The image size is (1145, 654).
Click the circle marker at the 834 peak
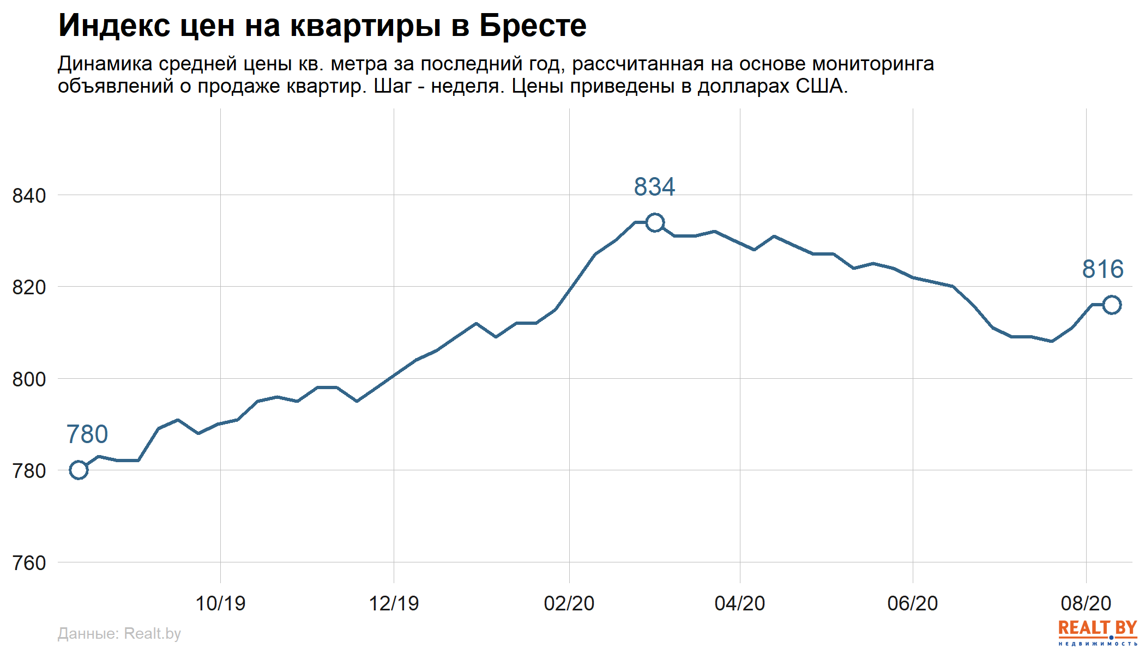(x=655, y=222)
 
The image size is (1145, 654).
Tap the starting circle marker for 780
(x=79, y=470)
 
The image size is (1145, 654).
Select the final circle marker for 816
(x=1112, y=305)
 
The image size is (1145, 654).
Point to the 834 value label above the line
(x=654, y=187)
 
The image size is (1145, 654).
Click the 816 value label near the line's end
(x=1102, y=269)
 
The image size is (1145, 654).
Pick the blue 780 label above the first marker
(x=87, y=434)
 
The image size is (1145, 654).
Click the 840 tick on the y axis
(x=29, y=196)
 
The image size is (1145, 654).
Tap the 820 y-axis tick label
(x=29, y=287)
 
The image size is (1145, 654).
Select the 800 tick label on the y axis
(x=29, y=379)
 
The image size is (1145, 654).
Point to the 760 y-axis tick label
(x=29, y=563)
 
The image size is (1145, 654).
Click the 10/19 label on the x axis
(x=220, y=603)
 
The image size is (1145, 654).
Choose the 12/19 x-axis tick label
(x=394, y=603)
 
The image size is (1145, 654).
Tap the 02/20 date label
(x=569, y=603)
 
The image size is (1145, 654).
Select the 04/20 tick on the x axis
(x=740, y=603)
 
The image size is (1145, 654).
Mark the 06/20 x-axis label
(x=913, y=603)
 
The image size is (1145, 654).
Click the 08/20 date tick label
(x=1086, y=603)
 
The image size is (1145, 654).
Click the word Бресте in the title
(x=533, y=26)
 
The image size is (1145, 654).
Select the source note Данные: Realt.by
(x=119, y=633)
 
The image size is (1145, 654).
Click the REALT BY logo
(x=1098, y=632)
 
